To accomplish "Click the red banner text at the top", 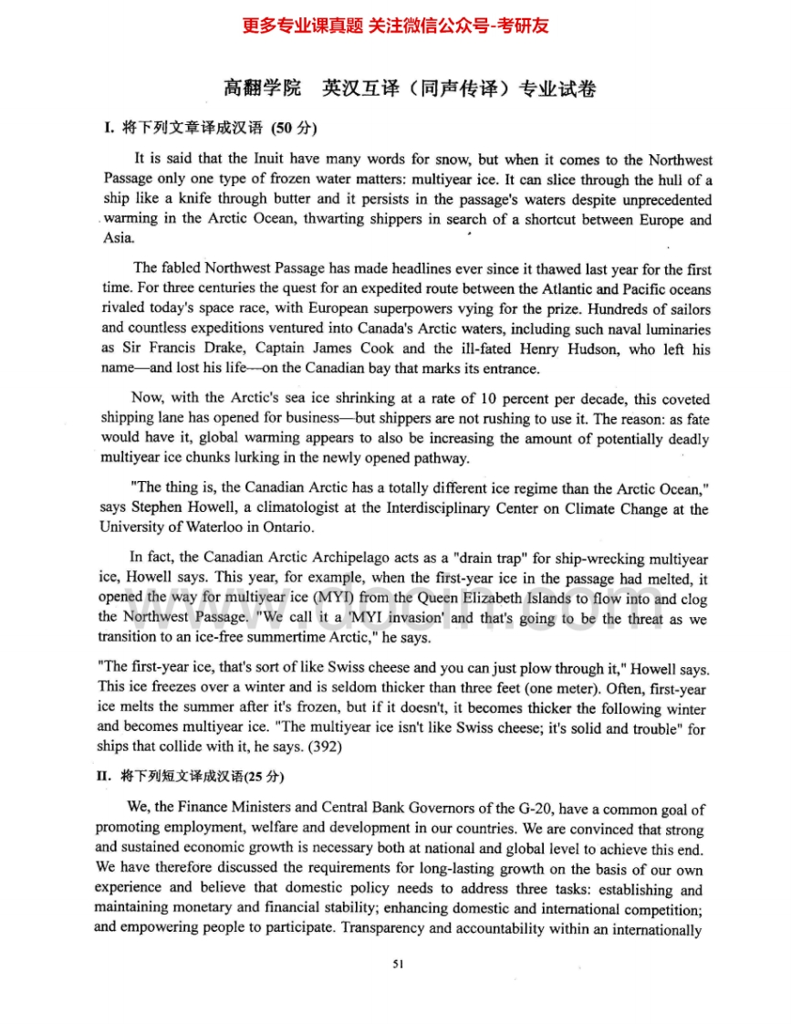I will tap(395, 26).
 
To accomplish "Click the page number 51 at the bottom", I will tap(397, 964).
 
